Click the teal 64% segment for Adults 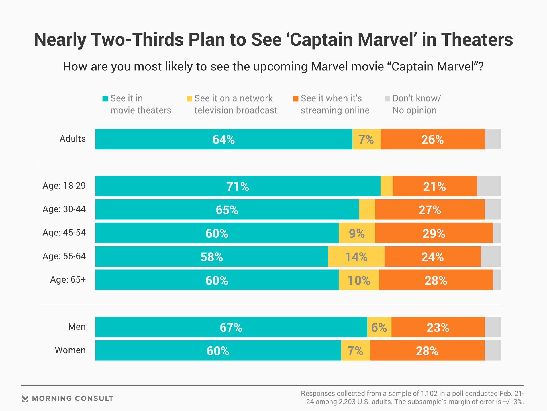coord(224,139)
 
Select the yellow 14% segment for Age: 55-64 coord(356,257)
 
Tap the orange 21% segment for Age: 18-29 coord(434,186)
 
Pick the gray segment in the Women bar coord(493,350)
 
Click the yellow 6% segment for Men coord(379,327)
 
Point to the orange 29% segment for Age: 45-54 coord(434,233)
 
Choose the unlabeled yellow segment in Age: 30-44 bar coord(367,209)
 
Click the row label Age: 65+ coord(68,280)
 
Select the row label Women coord(70,350)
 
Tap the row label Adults coord(72,139)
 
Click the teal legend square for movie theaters coord(105,99)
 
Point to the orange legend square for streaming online coord(295,99)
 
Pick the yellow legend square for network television coord(189,99)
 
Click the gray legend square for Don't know coord(387,99)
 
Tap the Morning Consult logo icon coord(25,398)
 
